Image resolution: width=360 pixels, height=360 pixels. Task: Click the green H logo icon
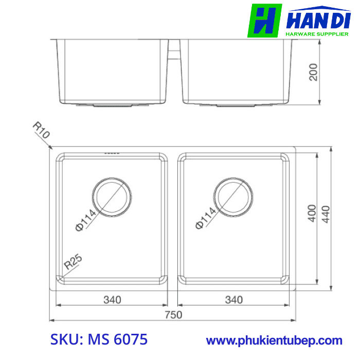click(x=265, y=21)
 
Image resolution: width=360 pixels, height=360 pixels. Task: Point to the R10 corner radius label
click(x=41, y=131)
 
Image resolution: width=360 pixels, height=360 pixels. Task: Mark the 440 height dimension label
click(x=326, y=212)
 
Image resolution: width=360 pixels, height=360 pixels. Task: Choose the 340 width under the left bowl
click(x=112, y=299)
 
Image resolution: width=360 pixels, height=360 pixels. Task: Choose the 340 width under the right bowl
click(x=234, y=299)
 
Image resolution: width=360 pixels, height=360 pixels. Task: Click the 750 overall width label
click(x=173, y=315)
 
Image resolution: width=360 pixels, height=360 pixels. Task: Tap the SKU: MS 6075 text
click(x=99, y=339)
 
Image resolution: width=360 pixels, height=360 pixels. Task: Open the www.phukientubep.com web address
click(x=274, y=340)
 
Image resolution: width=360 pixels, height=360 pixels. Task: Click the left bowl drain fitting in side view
click(x=113, y=105)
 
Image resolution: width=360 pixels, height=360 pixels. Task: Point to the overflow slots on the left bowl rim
click(x=112, y=153)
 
